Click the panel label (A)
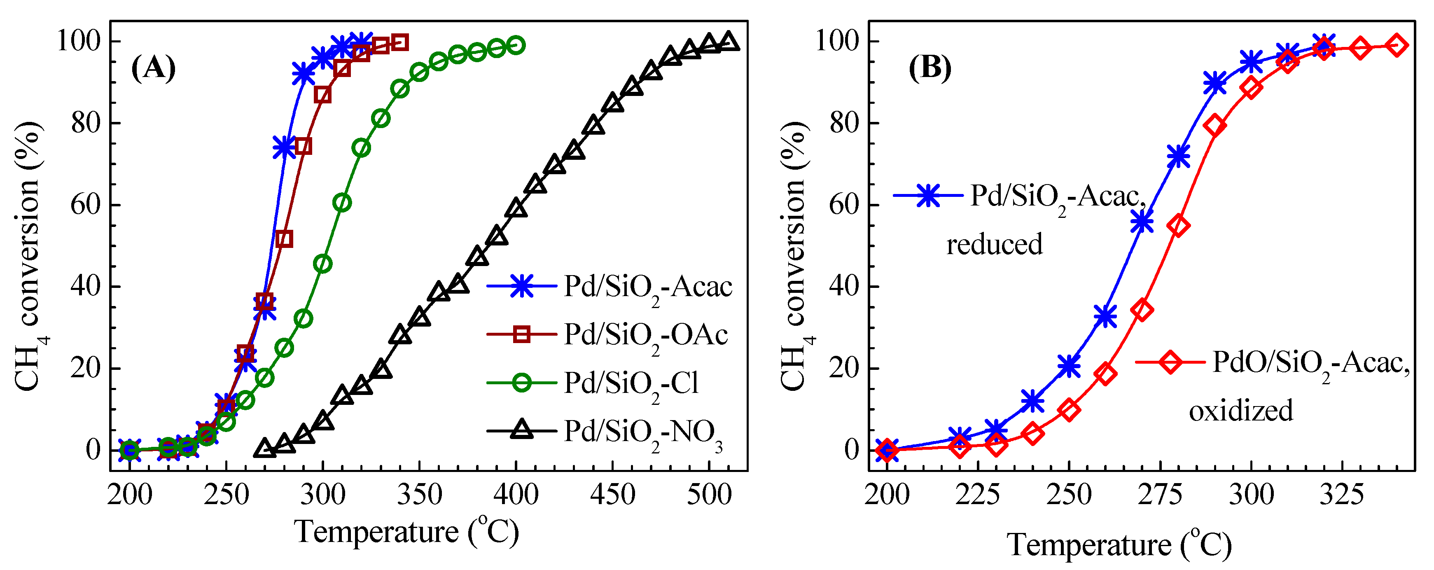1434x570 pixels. pyautogui.click(x=153, y=68)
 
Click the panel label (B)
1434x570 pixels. pyautogui.click(x=930, y=68)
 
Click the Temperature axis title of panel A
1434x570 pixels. pyautogui.click(x=406, y=532)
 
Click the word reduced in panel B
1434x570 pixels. pyautogui.click(x=994, y=244)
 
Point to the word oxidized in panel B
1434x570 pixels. pyautogui.click(x=1241, y=411)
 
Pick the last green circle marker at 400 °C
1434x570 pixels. pyautogui.click(x=516, y=45)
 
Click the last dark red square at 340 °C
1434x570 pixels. pyautogui.click(x=400, y=42)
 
